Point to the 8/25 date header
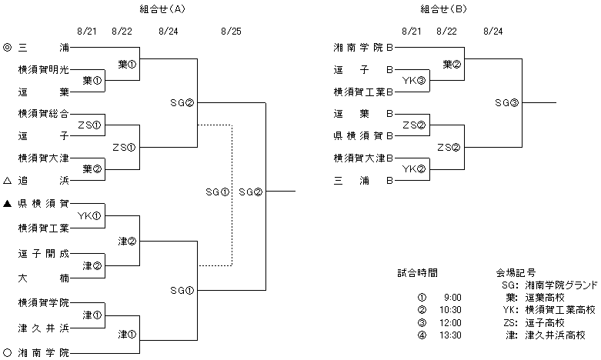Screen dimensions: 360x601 230,32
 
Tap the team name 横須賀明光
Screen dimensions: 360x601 44,69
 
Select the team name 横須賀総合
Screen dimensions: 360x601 44,114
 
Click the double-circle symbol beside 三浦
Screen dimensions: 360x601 7,48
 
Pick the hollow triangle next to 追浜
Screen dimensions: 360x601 7,181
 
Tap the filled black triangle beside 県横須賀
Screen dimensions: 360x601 7,203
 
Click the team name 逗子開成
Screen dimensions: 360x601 44,252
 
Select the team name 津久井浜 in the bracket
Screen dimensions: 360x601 44,328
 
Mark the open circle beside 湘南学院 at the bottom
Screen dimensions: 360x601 7,352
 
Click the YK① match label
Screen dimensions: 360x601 90,215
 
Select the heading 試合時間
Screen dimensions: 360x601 418,272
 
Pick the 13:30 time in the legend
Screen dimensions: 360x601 451,335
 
